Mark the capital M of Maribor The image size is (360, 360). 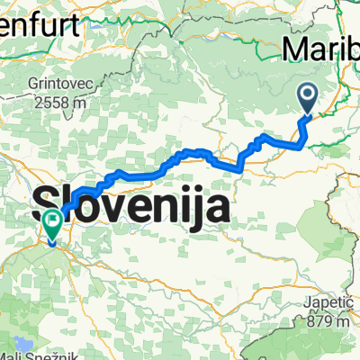(298, 47)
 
